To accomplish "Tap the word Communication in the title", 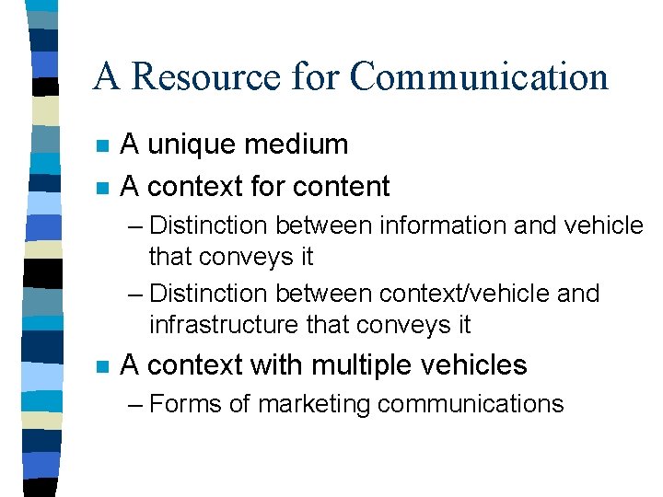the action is coord(479,76).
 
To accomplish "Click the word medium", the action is coord(298,144).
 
